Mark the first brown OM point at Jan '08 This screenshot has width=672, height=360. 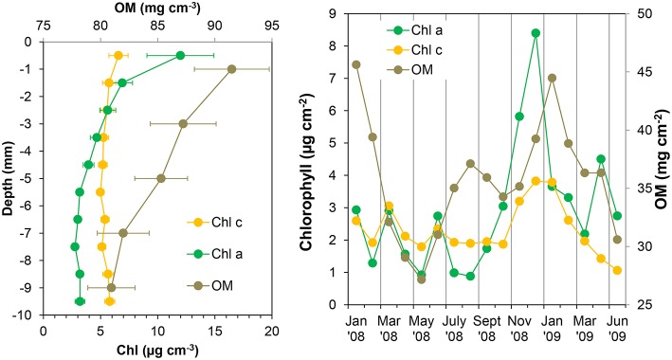(356, 64)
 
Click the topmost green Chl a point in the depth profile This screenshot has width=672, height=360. (180, 56)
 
